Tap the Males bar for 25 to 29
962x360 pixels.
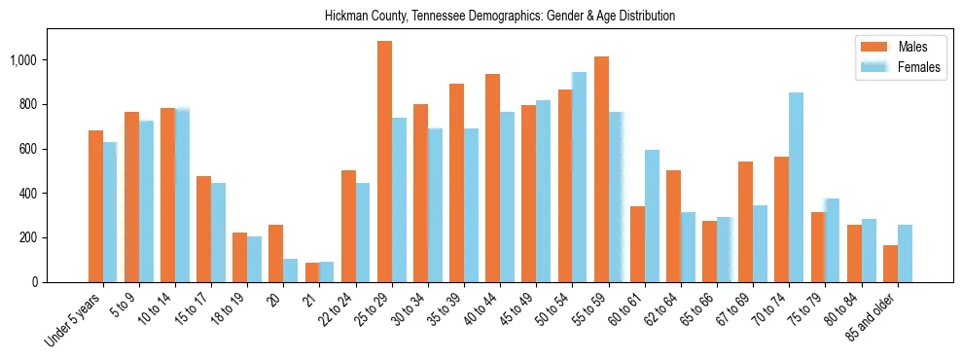tap(384, 162)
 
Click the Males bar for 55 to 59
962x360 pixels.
tap(601, 169)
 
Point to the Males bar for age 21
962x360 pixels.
tap(312, 272)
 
